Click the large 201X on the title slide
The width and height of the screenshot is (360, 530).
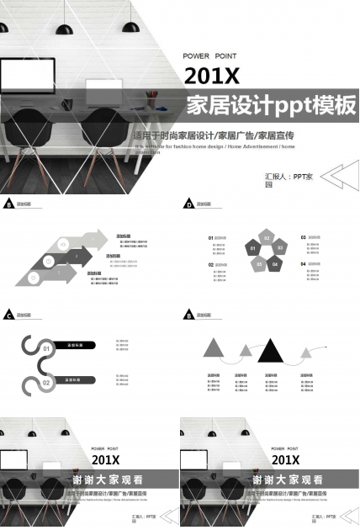click(212, 77)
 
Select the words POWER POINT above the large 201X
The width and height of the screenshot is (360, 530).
click(209, 56)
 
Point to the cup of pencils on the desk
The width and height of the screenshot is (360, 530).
click(151, 92)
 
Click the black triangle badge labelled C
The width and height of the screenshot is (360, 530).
click(8, 315)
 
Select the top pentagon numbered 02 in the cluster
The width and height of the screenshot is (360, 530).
click(267, 238)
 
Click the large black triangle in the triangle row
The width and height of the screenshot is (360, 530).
click(270, 349)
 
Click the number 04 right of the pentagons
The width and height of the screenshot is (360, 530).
click(302, 264)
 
